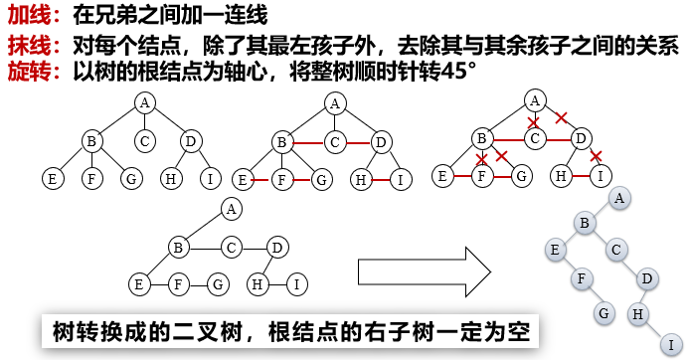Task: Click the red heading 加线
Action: tap(27, 17)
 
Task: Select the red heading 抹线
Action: tap(27, 45)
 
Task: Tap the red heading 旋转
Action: tap(27, 72)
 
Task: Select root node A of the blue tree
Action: tap(619, 199)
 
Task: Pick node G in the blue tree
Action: tap(603, 312)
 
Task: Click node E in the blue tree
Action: tap(555, 250)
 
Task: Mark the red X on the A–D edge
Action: tap(561, 117)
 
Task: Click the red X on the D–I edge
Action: tap(596, 156)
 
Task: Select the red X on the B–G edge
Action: tap(502, 156)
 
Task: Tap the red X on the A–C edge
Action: tap(534, 124)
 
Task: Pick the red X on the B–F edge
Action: tap(482, 159)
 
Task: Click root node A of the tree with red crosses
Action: tap(535, 98)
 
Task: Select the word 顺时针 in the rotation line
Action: tap(378, 72)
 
